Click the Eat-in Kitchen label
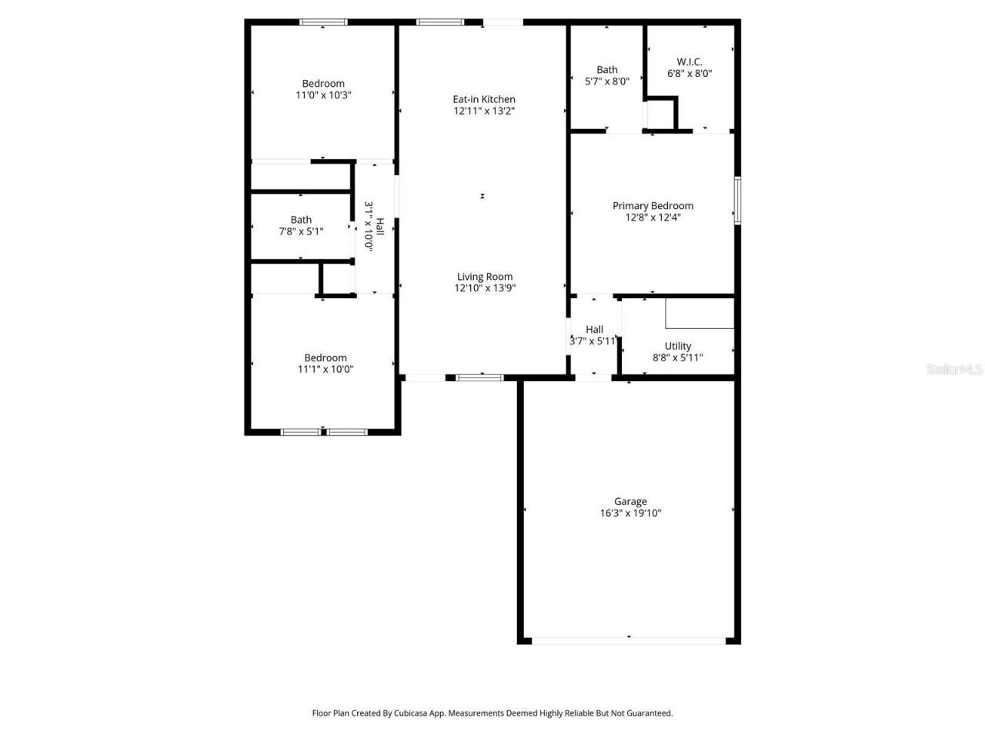coord(484,99)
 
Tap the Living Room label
coord(485,277)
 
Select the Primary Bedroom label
coord(653,205)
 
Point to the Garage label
coord(630,502)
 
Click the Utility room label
coord(678,346)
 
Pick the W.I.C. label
coord(689,62)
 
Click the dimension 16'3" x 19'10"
coord(630,514)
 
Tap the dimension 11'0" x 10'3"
coord(323,95)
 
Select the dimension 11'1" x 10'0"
coord(326,369)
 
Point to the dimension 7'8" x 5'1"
coord(301,231)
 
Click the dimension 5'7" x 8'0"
coord(607,81)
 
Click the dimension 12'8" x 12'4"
coord(653,218)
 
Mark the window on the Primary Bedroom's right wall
coord(736,201)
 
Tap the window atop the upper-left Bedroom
coord(323,22)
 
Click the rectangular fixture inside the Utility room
coord(700,314)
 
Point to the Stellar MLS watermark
coord(954,370)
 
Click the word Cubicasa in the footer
coord(412,713)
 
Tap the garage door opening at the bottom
coord(629,640)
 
